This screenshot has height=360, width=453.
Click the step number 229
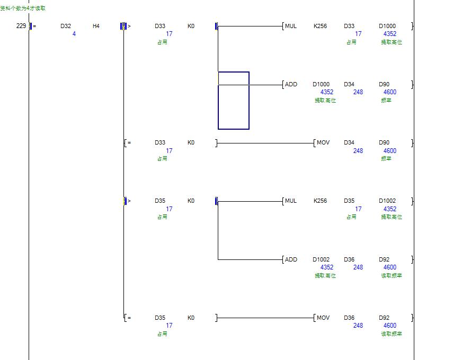pos(21,26)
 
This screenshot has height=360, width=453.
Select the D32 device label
pos(66,26)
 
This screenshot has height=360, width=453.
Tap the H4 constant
pos(96,26)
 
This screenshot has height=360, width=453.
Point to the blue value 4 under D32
pos(74,34)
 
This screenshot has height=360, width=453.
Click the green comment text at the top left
pos(23,8)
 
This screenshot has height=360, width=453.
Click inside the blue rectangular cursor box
pos(234,106)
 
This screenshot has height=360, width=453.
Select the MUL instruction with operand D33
pos(291,26)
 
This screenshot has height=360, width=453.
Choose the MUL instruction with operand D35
pos(291,201)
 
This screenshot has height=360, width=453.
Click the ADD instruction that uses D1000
pos(291,84)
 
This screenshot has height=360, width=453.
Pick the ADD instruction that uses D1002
pos(291,259)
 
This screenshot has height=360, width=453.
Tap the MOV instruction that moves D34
pos(323,142)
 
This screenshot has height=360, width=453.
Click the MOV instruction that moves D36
pos(323,318)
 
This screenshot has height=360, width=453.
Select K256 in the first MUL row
pos(321,26)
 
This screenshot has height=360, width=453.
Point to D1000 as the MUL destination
pos(387,26)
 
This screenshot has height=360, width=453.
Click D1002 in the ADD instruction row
pos(321,259)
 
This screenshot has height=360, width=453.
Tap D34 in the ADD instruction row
pos(349,84)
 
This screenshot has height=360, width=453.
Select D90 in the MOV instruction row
pos(384,142)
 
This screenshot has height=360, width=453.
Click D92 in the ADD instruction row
pos(384,259)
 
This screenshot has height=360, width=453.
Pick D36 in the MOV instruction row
pos(349,318)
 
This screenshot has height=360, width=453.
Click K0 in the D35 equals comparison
pos(191,318)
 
